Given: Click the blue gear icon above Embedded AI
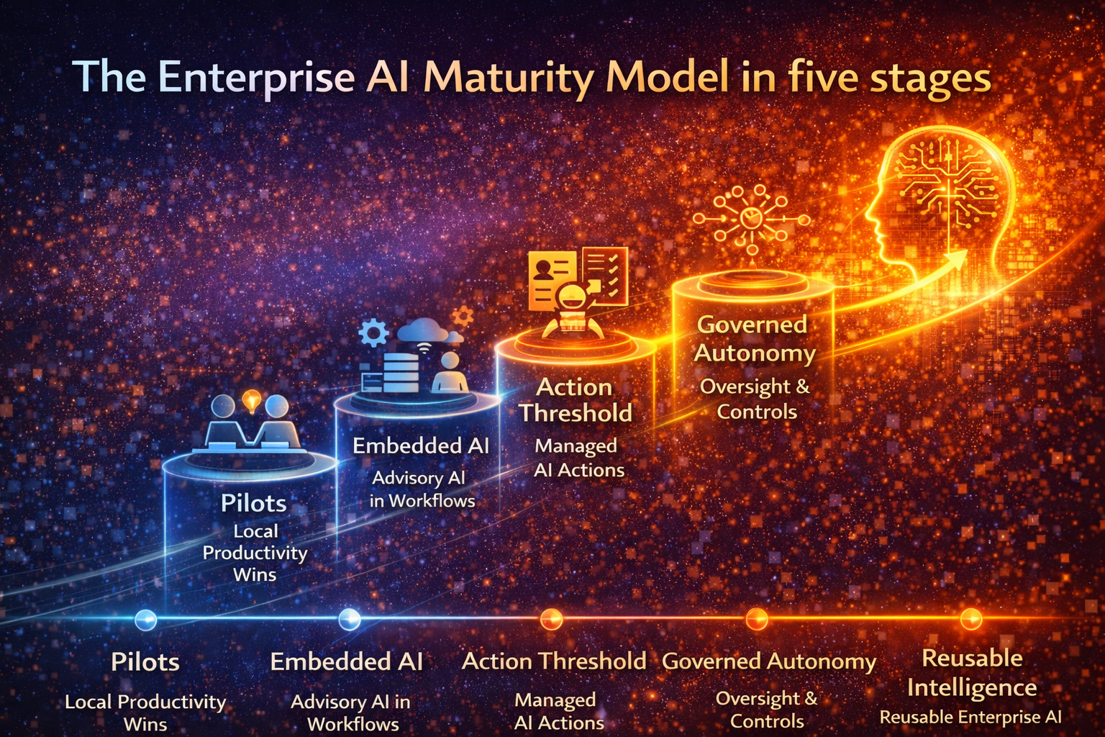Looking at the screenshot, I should (373, 333).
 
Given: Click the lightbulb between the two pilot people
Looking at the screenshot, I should (251, 400).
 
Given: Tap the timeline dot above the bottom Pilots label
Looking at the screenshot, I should (146, 619).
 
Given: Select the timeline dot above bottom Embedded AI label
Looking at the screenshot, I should (350, 619).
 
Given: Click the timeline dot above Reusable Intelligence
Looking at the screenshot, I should (971, 618).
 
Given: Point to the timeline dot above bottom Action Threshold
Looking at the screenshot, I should (551, 619).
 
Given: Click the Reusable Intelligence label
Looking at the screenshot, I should (972, 673).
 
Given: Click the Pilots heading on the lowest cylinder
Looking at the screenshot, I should (253, 503).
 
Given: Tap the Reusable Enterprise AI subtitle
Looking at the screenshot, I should (970, 717).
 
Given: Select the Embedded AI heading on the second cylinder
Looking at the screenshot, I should (420, 446).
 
